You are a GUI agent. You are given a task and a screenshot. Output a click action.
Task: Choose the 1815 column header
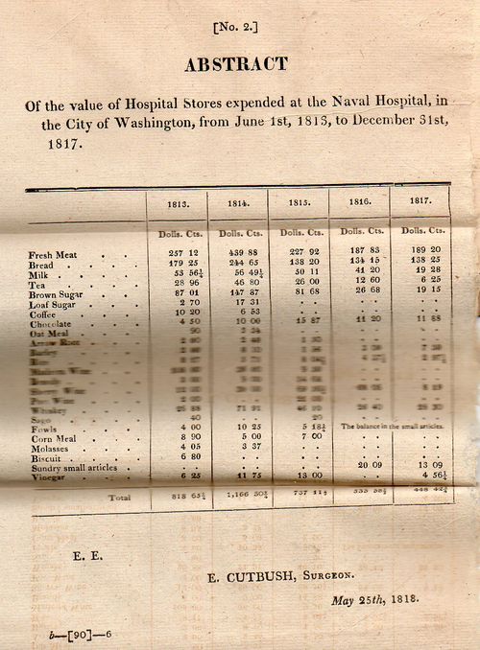click(298, 203)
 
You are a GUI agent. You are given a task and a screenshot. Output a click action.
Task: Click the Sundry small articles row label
click(73, 466)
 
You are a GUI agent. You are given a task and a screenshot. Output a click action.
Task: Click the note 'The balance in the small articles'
click(387, 426)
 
